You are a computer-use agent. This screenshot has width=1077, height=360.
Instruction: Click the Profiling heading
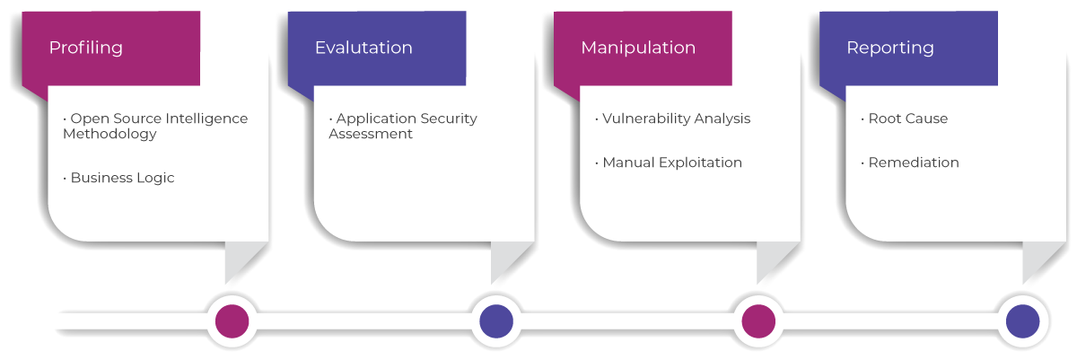85,48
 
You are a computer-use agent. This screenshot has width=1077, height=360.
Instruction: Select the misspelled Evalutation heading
363,48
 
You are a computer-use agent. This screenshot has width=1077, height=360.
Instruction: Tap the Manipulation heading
637,48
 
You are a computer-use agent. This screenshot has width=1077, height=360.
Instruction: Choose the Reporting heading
889,48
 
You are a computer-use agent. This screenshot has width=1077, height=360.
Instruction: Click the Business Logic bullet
121,178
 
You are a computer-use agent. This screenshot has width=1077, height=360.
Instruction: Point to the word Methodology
109,134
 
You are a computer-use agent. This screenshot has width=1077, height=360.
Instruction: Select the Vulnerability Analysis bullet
675,119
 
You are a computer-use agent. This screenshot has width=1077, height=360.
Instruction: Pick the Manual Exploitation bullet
671,162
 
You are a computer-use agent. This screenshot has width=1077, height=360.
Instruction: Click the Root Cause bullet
906,119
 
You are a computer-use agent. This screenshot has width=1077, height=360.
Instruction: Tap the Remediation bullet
913,162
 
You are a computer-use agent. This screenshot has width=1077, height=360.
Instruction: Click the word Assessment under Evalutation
371,134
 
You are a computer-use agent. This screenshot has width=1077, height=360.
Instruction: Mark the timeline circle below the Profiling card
232,320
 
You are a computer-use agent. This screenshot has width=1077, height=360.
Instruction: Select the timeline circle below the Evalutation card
495,320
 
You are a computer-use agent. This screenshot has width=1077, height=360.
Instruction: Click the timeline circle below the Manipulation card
758,320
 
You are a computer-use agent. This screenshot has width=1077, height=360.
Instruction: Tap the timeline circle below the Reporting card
1022,320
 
